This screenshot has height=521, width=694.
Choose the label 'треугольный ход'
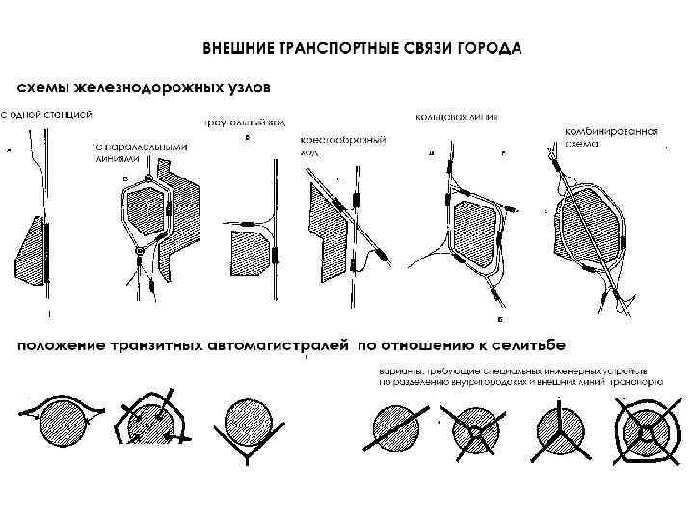tap(244, 123)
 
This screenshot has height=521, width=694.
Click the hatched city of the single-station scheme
tap(32, 248)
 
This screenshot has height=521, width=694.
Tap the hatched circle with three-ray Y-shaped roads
tap(559, 425)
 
